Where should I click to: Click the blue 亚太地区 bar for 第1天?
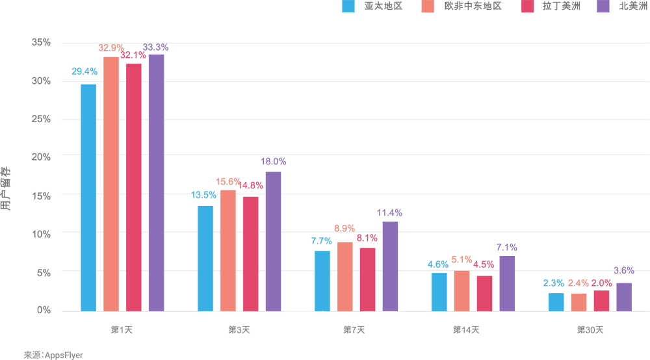pos(88,198)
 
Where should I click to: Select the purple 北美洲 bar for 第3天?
pos(273,241)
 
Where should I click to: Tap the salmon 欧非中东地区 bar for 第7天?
pos(344,276)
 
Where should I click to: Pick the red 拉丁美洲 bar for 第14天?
pos(484,293)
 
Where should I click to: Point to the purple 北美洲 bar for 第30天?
pos(624,297)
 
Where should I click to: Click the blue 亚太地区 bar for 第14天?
pos(439,292)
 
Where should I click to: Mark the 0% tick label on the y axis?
pos(44,310)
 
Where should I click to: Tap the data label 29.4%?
pos(84,71)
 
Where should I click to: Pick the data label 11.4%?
pos(389,212)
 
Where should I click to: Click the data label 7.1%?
pos(506,248)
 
